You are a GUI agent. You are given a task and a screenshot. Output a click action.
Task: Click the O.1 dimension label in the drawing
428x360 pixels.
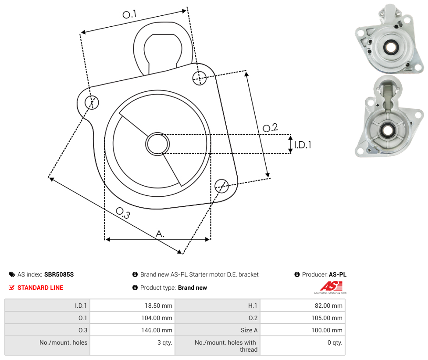pos(129,14)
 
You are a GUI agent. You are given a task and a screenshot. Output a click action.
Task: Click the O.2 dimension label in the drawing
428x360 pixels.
pos(270,127)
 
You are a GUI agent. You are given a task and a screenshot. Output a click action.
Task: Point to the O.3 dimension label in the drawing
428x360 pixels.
pos(123,213)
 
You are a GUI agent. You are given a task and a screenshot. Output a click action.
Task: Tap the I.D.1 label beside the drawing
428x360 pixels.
pos(303,144)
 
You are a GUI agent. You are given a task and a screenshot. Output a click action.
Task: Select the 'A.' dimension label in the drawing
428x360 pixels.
pos(160,234)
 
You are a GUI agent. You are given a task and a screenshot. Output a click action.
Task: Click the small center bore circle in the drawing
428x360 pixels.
pos(157,144)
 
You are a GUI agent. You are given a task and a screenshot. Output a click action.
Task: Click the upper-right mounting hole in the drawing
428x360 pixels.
pos(200,78)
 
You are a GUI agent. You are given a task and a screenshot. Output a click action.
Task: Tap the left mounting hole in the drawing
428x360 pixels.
pos(92,102)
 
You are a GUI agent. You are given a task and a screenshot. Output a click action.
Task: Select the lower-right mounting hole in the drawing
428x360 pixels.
pos(221,186)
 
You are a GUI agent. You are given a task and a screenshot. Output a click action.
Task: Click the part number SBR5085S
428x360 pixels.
pos(59,274)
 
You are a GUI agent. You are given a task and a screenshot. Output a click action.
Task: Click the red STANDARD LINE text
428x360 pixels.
pos(40,288)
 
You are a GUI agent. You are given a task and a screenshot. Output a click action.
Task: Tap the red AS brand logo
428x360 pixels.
pos(331,287)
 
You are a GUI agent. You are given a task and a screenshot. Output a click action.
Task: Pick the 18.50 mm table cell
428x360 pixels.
pos(132,305)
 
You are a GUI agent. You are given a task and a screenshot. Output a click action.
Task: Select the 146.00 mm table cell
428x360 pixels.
pos(132,330)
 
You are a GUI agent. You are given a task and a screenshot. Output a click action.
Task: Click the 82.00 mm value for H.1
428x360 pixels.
pos(303,305)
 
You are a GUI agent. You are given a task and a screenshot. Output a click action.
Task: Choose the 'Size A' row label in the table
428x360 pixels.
pos(249,330)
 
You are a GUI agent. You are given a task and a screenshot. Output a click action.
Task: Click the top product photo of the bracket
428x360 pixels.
pos(389,39)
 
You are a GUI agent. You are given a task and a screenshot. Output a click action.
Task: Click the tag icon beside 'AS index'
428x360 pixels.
pos(12,274)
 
